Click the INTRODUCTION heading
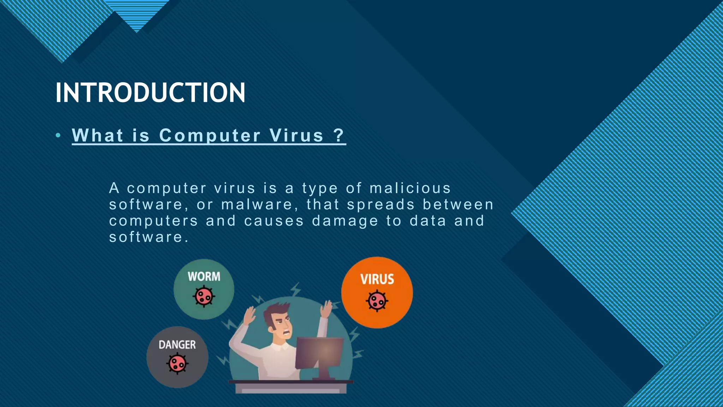(x=150, y=93)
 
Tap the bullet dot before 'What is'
(x=58, y=135)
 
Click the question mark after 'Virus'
(x=339, y=135)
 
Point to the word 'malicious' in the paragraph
(x=410, y=188)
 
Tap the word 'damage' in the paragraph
(x=345, y=221)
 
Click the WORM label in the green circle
(x=204, y=276)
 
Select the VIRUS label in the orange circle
(x=377, y=279)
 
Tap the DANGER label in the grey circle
(x=177, y=344)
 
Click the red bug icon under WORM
(x=204, y=296)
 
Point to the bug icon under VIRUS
(x=377, y=301)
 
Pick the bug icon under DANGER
(x=177, y=363)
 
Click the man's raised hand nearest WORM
(x=250, y=315)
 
